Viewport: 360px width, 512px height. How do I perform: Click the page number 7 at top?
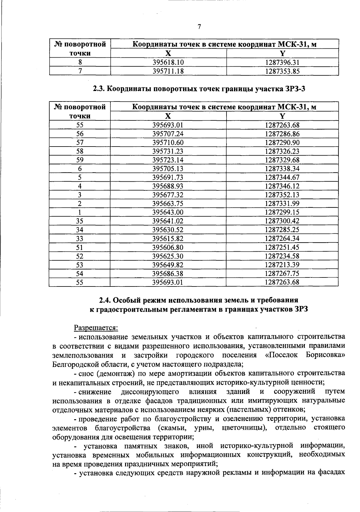[x=199, y=27]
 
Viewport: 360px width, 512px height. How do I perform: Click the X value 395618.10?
[x=168, y=62]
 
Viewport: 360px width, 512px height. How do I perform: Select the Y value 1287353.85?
[x=282, y=71]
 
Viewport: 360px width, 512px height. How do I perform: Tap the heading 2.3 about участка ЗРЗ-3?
[x=199, y=89]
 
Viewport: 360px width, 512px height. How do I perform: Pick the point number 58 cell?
[x=80, y=151]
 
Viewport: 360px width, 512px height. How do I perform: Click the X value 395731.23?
[x=168, y=151]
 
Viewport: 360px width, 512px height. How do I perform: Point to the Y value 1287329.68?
[x=282, y=160]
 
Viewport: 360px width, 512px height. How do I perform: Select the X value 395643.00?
[x=168, y=212]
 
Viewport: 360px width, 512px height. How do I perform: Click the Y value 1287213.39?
[x=282, y=265]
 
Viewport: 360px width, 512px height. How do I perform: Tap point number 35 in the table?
[x=80, y=221]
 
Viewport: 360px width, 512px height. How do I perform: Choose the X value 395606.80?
[x=168, y=247]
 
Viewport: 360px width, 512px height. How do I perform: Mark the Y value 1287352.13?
[x=282, y=195]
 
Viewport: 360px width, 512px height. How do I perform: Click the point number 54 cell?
[x=80, y=274]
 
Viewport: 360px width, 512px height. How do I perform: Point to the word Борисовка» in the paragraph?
[x=325, y=355]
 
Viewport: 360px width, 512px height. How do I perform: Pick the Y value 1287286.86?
[x=282, y=134]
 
